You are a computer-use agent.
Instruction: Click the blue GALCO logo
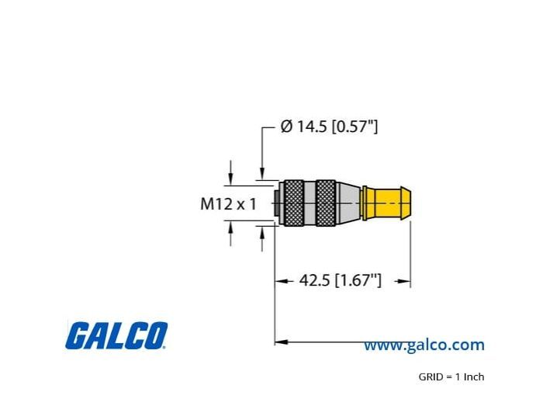pos(116,335)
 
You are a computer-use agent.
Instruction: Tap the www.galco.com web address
pos(424,345)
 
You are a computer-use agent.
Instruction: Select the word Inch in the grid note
pos(474,377)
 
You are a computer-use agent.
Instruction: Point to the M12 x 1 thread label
pos(228,203)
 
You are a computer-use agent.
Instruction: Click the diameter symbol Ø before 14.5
pos(286,127)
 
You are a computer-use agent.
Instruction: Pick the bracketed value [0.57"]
pos(355,127)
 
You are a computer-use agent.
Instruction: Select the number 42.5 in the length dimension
pos(314,280)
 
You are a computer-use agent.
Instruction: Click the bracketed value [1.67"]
pos(358,280)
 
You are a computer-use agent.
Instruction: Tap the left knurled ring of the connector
pos(294,203)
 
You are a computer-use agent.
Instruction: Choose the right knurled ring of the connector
pos(326,203)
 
